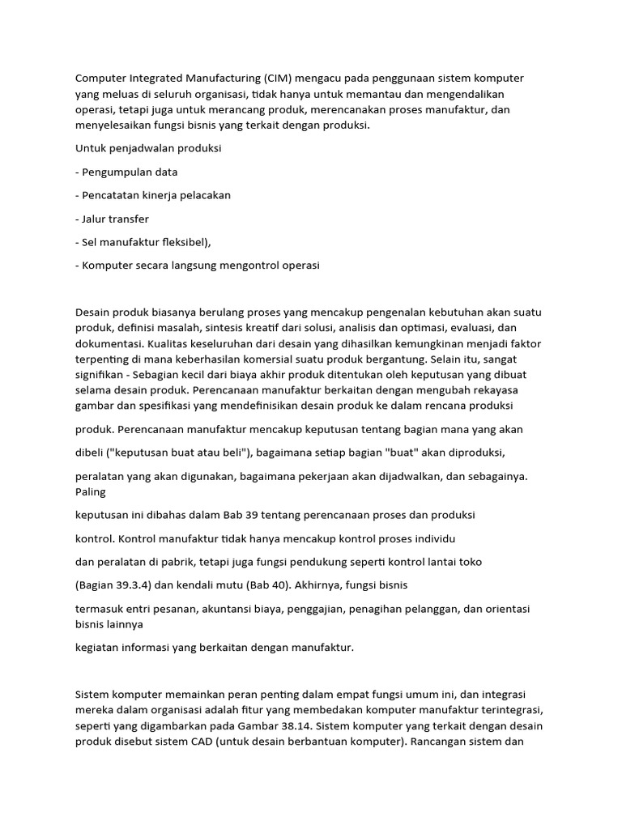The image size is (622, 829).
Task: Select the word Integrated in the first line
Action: point(151,79)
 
